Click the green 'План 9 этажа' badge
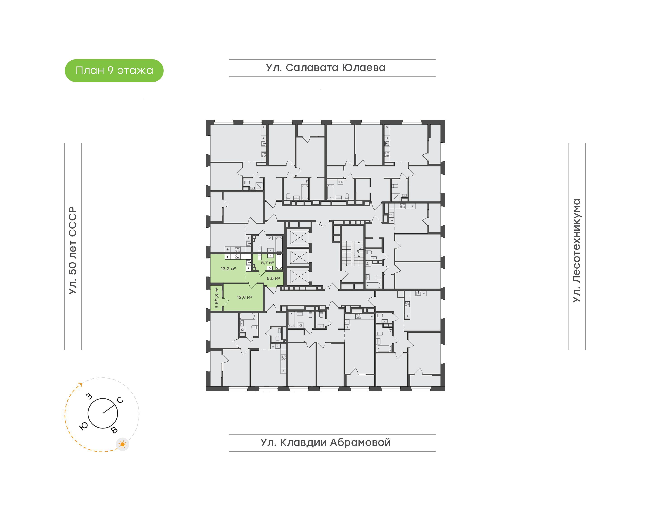tap(114, 71)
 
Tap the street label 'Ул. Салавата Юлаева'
tap(326, 68)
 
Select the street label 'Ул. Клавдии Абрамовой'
tap(326, 442)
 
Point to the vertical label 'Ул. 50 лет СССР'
tap(73, 251)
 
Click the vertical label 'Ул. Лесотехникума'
tap(576, 251)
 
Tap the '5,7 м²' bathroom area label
tap(268, 262)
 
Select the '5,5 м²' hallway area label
tap(273, 278)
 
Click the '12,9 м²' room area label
tap(245, 297)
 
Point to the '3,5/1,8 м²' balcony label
tap(217, 298)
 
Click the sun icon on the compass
tap(122, 444)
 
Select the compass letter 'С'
tap(120, 400)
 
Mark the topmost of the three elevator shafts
tap(299, 238)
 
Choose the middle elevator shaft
tap(299, 257)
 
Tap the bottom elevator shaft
tap(299, 277)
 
